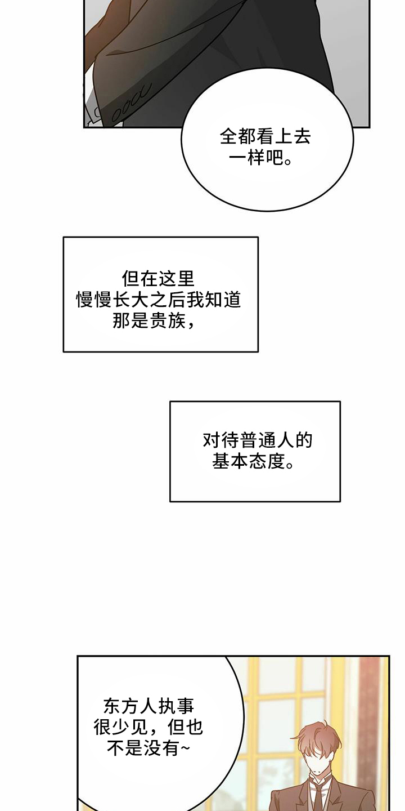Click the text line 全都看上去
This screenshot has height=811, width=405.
pos(265,137)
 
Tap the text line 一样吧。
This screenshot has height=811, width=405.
pos(261,158)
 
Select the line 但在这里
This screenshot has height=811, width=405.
pos(159,279)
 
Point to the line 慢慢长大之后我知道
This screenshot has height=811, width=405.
pos(159,300)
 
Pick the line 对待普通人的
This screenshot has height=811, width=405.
pos(258,440)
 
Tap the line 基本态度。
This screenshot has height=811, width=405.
pos(253,461)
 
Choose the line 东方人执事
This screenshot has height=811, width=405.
pos(149,706)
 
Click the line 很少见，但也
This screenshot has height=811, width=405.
pos(148,727)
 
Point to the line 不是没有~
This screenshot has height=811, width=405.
pos(148,748)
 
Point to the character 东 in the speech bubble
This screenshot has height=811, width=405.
pos(112,706)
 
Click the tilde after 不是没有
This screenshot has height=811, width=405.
pos(184,748)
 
